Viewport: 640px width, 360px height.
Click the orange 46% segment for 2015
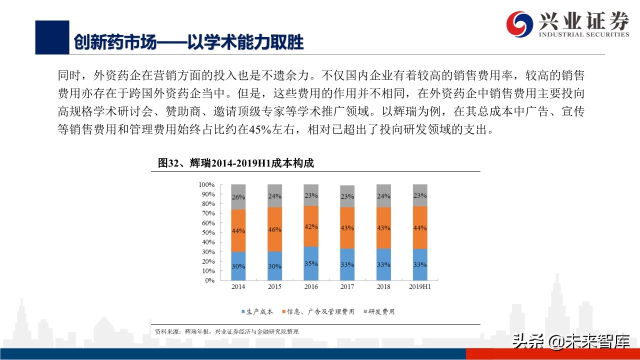[x=274, y=229]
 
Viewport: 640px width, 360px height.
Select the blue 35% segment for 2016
[x=311, y=263]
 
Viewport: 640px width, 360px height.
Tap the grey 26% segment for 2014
[x=238, y=197]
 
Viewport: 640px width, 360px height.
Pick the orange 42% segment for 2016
[x=311, y=226]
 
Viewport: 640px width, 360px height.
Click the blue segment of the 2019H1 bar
[x=420, y=264]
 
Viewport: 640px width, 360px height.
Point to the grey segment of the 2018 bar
[x=383, y=196]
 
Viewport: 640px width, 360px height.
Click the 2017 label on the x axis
[x=347, y=286]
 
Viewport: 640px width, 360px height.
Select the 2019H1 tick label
[x=420, y=286]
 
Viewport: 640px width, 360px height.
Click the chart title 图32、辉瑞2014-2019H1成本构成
[x=235, y=163]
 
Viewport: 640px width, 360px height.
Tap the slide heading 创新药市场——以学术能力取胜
[x=188, y=42]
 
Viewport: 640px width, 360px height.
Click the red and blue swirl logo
[x=519, y=23]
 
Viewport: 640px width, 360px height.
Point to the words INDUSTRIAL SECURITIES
[x=583, y=34]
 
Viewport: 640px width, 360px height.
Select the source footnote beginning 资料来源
[x=227, y=331]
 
